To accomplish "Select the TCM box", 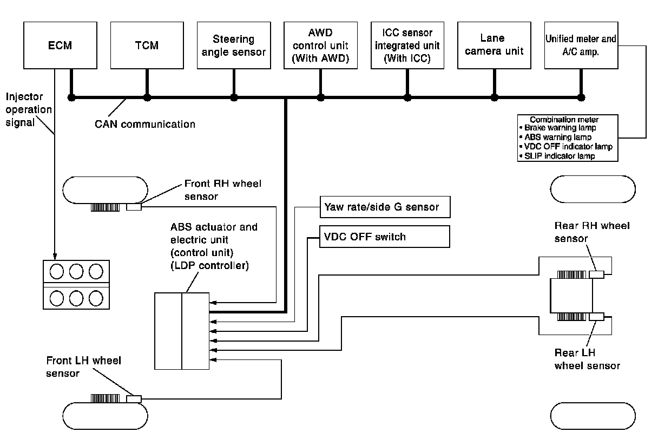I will (147, 45).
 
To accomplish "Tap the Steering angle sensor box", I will (233, 45).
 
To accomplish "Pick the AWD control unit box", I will (320, 45).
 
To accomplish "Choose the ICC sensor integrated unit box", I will (406, 45).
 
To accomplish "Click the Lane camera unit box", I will (493, 45).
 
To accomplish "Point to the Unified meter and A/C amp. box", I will (580, 45).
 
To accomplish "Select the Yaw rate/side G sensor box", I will (385, 206).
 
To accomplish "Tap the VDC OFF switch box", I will (385, 237).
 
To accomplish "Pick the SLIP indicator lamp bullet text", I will (560, 156).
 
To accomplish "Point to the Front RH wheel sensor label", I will (222, 190).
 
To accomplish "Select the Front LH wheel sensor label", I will (84, 366).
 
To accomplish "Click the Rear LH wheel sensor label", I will (587, 359).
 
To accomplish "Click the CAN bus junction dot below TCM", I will (147, 97).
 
